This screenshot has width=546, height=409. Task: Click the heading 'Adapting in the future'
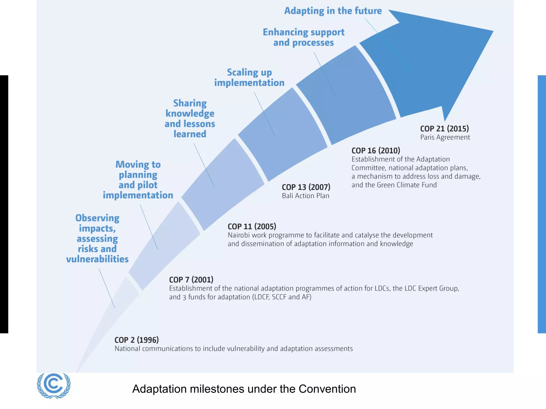(333, 11)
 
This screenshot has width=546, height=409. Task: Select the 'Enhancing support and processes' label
(303, 37)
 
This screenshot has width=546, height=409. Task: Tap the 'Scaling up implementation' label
(249, 77)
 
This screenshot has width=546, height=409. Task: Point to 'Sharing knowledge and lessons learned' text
(190, 118)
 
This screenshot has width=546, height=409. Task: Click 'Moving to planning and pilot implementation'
(138, 180)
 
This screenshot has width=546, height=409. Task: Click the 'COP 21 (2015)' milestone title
(444, 129)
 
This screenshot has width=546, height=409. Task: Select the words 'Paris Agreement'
(445, 137)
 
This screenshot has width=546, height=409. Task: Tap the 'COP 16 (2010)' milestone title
(376, 151)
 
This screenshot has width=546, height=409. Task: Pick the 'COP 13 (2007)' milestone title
(306, 187)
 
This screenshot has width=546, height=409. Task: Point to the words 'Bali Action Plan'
(306, 196)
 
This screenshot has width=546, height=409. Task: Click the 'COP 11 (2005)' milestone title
(252, 227)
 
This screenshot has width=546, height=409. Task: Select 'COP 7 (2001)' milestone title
(191, 280)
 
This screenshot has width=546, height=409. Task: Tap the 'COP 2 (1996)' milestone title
(136, 340)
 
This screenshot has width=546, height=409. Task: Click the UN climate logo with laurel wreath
(54, 385)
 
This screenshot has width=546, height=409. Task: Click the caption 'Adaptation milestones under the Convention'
(244, 389)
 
